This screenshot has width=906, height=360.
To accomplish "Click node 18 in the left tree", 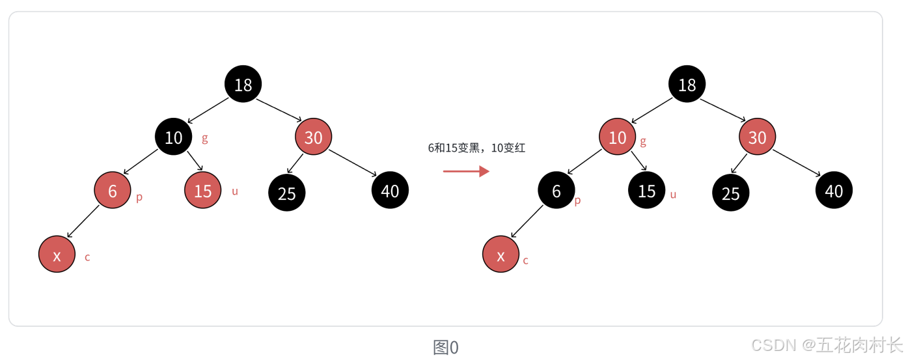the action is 243,84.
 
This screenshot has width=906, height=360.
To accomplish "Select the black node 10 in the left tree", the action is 173,137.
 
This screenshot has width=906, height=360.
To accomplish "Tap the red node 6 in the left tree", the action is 113,191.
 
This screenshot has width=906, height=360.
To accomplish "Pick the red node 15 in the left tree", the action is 203,191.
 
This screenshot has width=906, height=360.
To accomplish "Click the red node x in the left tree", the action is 57,255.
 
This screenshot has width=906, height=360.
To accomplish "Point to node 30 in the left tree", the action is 314,137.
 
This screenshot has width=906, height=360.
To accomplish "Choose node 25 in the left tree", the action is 287,193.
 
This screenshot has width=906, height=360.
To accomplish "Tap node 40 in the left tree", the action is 390,190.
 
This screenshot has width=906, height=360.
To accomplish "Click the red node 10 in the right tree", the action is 618,137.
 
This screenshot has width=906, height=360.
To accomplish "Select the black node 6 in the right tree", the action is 556,191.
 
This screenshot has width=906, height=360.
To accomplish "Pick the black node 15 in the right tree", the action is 647,191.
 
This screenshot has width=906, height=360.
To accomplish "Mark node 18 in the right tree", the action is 687,84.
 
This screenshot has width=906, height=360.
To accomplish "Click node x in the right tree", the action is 501,255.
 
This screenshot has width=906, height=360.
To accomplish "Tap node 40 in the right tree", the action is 834,190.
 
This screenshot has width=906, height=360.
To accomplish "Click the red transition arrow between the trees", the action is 466,171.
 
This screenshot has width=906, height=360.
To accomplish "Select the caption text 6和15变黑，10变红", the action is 476,148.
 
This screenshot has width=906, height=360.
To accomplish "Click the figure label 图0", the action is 446,347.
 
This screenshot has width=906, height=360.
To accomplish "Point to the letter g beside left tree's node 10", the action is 205,138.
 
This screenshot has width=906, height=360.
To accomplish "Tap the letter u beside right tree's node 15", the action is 673,194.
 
